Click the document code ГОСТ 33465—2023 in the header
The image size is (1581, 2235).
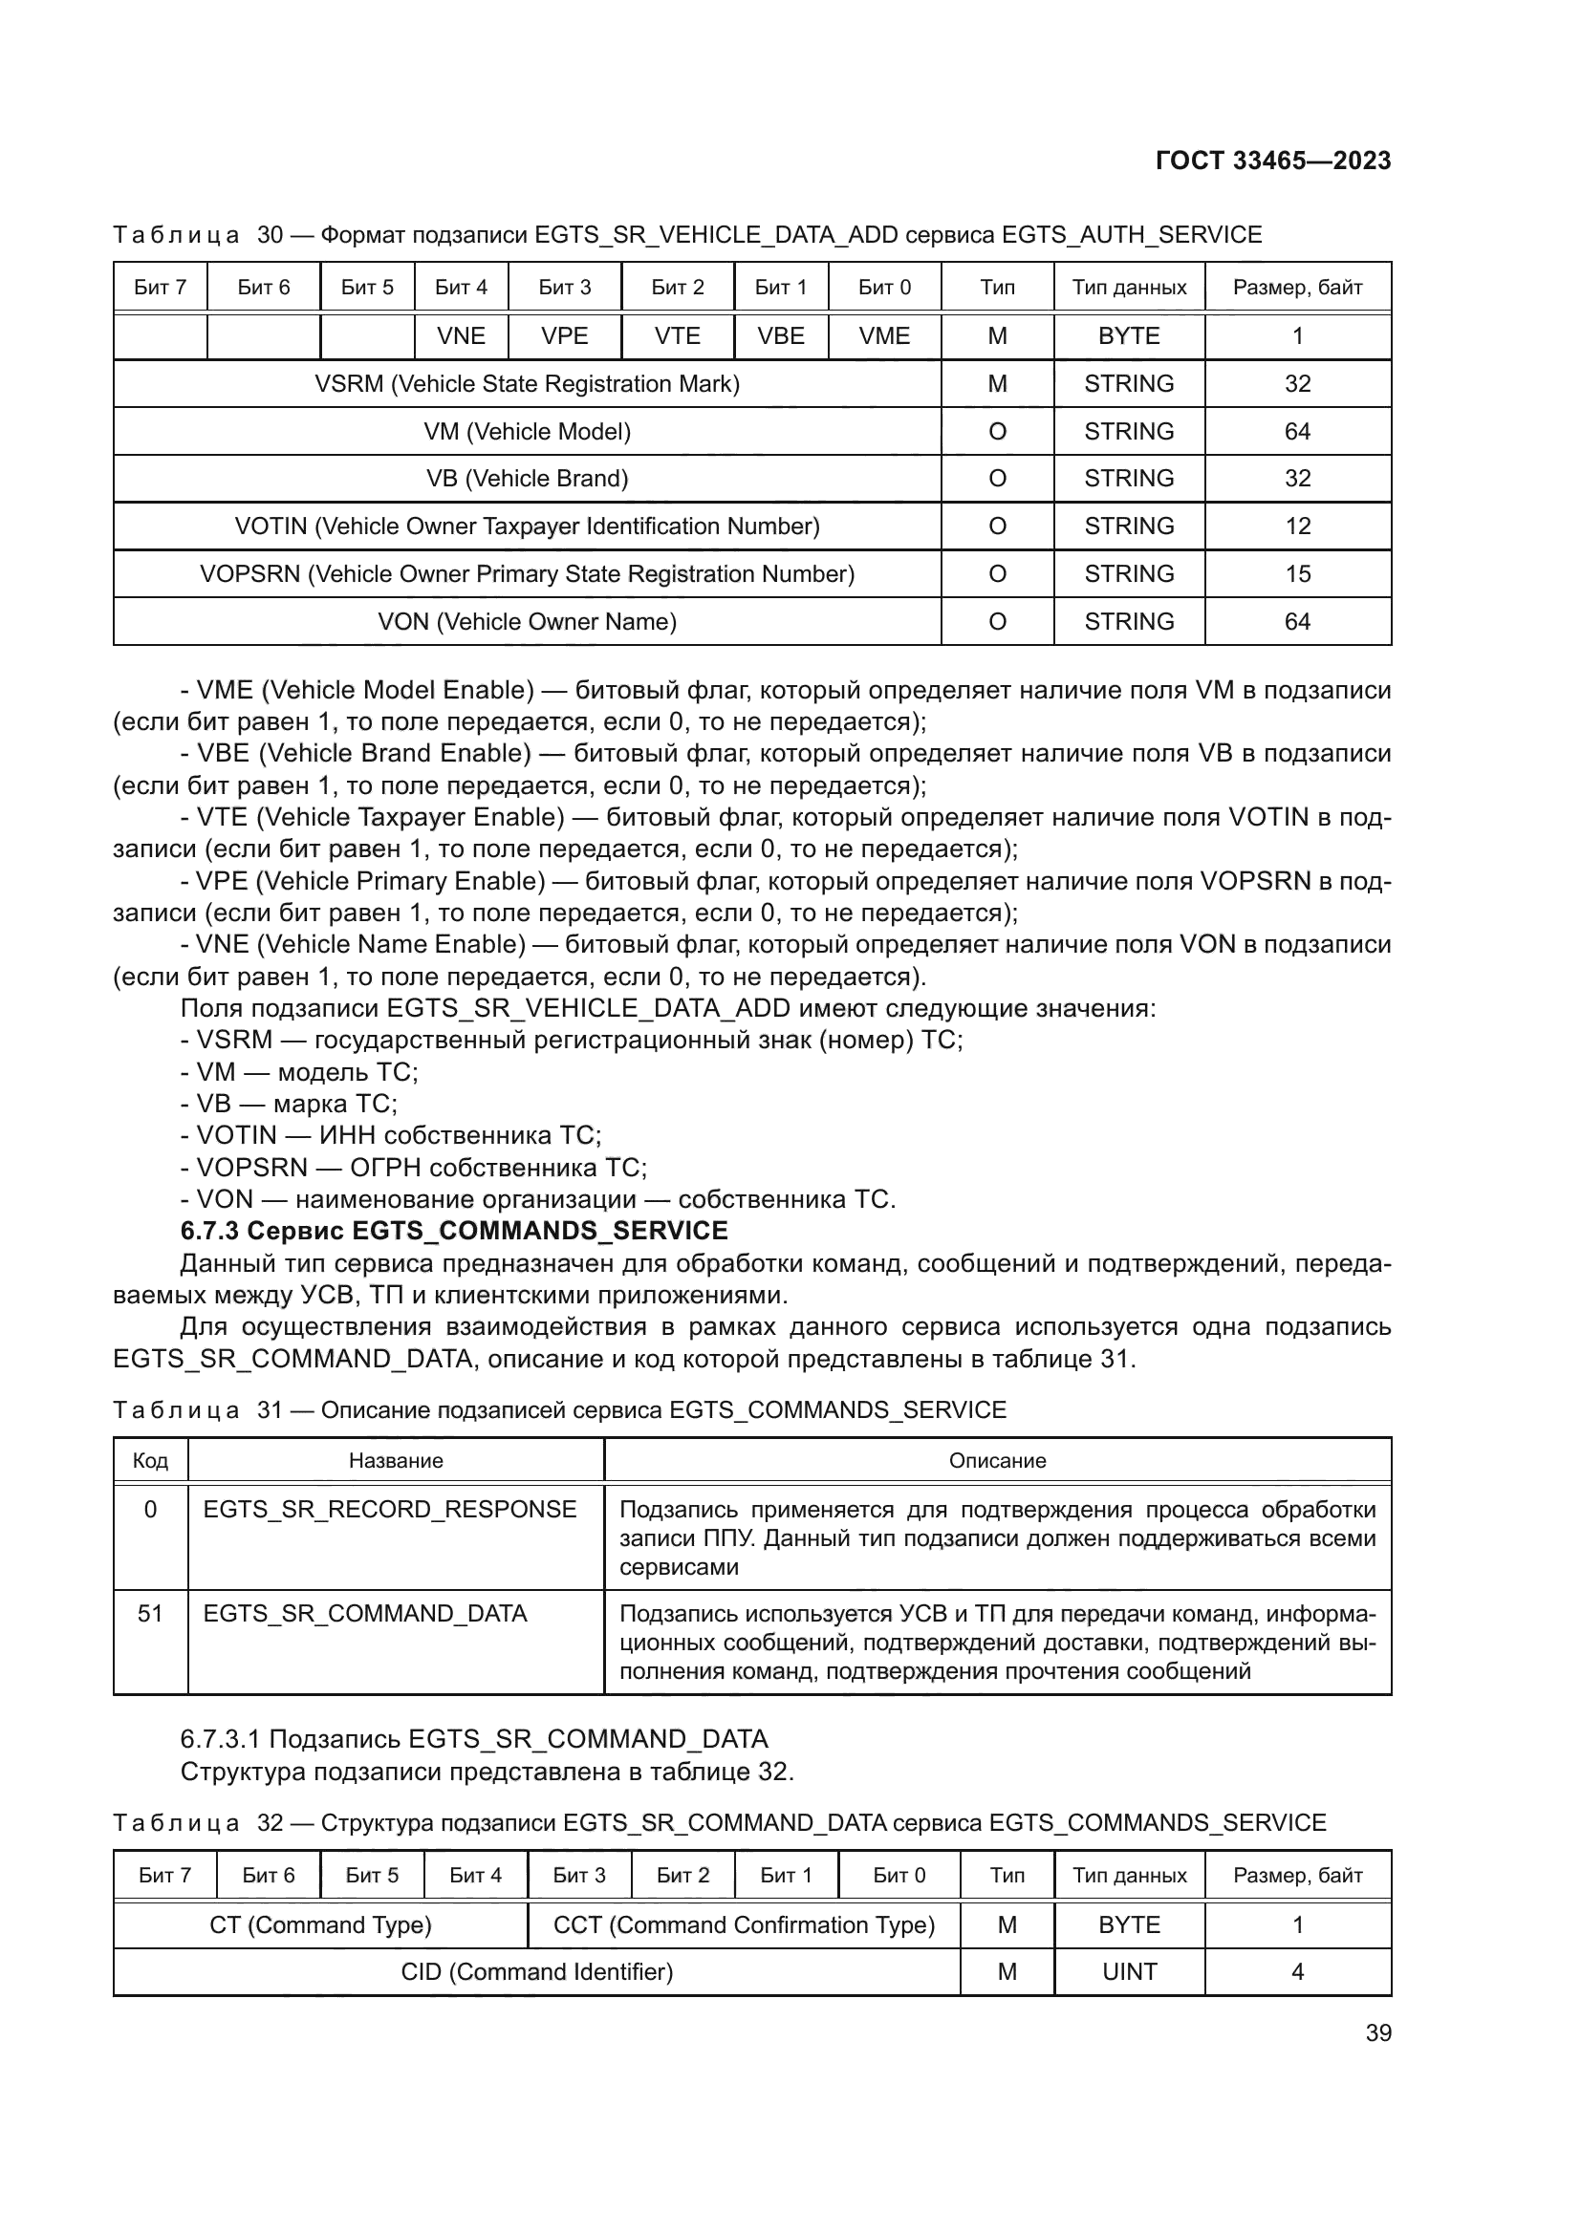[x=1272, y=161]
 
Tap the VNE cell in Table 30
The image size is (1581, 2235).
[x=461, y=335]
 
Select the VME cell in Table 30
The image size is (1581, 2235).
[x=884, y=335]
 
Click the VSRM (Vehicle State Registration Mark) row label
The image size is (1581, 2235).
[x=527, y=383]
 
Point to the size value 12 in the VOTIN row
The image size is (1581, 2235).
[x=1297, y=527]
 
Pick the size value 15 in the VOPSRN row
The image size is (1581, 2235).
[x=1297, y=574]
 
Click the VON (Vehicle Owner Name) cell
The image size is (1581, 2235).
[x=527, y=621]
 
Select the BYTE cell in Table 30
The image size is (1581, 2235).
[x=1128, y=335]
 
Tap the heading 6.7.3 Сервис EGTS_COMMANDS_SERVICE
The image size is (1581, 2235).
[x=454, y=1232]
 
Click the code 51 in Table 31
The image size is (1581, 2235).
[x=150, y=1614]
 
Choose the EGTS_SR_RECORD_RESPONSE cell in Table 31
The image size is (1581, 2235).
[x=389, y=1510]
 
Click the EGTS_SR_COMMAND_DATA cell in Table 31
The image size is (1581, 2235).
[x=365, y=1614]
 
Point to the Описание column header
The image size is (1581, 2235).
[x=997, y=1461]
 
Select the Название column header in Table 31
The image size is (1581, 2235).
[x=396, y=1461]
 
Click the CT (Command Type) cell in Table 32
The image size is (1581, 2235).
[x=320, y=1925]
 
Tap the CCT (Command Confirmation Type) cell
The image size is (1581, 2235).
[x=744, y=1925]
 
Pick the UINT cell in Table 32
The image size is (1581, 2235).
[x=1129, y=1972]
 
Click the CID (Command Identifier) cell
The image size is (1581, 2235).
[x=536, y=1972]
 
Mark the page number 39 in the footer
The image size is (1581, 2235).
[x=1377, y=2033]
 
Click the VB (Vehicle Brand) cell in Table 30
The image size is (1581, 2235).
[x=527, y=479]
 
